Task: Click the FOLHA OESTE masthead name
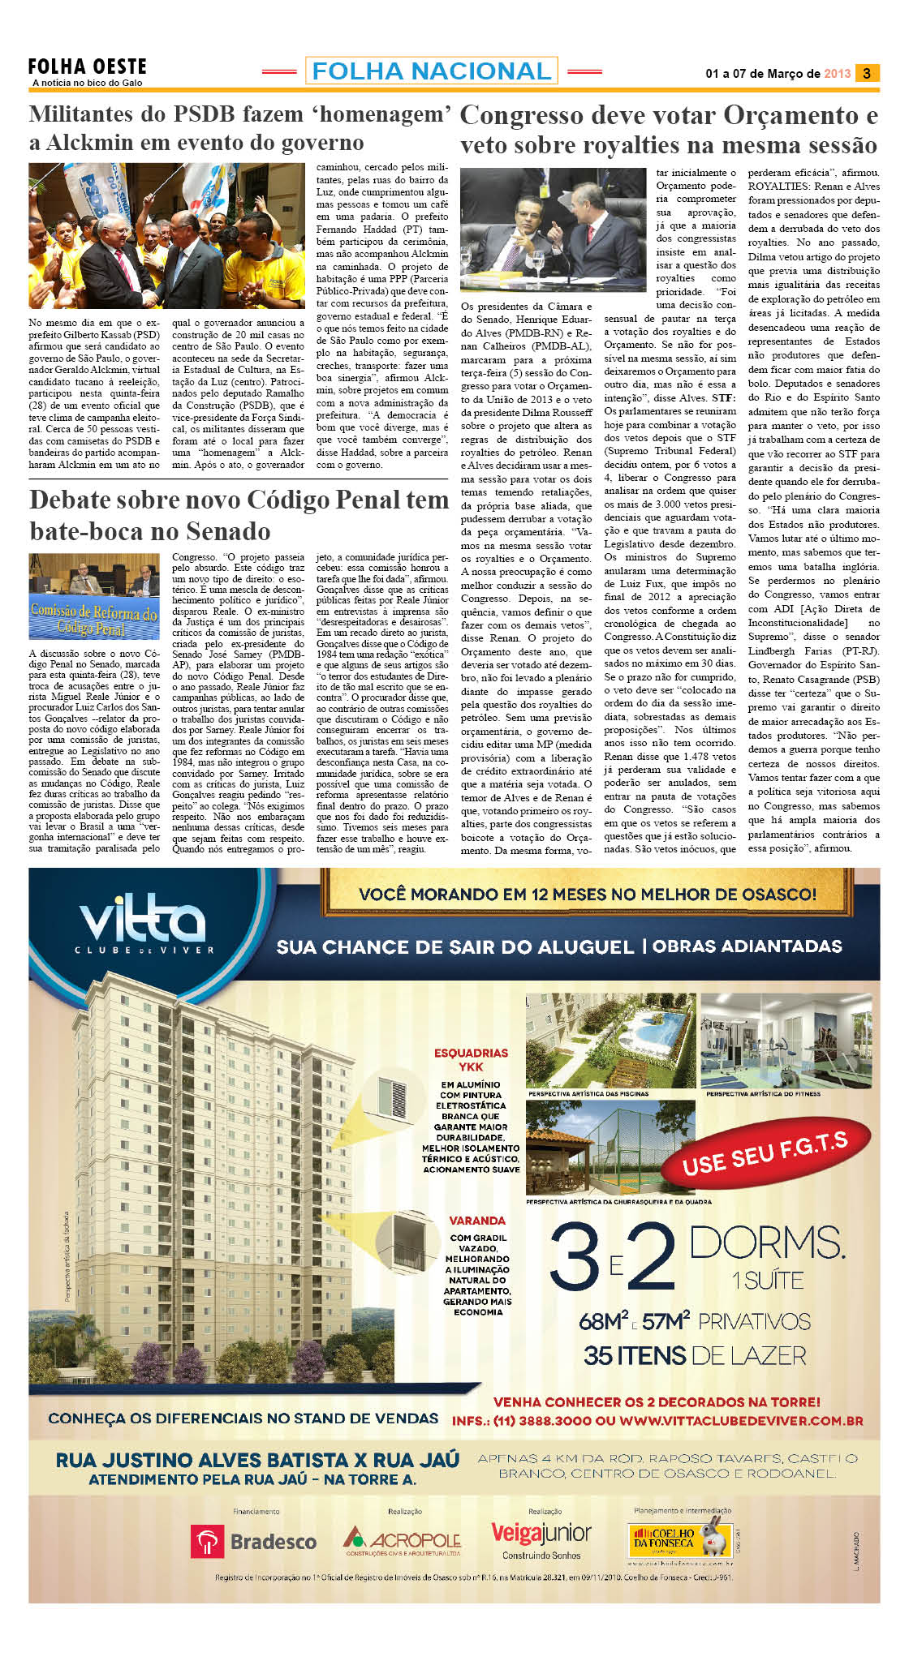88,67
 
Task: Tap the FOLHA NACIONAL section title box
431,71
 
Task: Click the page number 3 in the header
867,73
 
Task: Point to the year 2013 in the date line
837,74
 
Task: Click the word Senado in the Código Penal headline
231,531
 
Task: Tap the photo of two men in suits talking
554,231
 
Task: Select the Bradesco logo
254,1541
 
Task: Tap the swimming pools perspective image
610,1041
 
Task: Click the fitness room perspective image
786,1041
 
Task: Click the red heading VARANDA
477,1221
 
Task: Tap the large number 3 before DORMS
575,1258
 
